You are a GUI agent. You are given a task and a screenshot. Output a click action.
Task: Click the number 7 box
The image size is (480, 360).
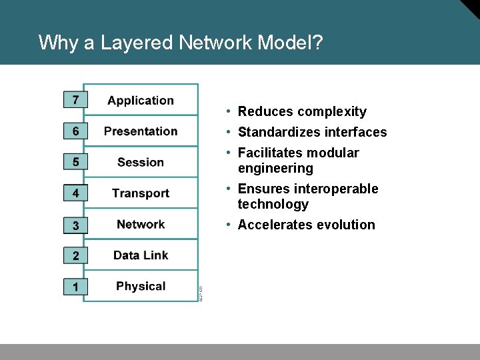(x=75, y=100)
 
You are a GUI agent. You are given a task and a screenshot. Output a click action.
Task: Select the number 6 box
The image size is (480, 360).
(x=75, y=131)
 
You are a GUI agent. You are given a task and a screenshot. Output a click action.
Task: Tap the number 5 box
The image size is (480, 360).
(x=75, y=162)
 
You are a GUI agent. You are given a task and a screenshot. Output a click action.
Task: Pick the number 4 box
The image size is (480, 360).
(x=75, y=193)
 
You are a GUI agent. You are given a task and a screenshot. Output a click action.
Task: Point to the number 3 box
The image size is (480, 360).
(x=75, y=225)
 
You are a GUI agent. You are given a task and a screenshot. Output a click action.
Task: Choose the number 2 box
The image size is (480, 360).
(x=75, y=255)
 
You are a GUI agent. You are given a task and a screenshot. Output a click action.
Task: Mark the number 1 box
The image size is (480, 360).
(x=75, y=287)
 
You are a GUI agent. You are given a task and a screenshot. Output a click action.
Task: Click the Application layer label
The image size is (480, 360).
(x=141, y=101)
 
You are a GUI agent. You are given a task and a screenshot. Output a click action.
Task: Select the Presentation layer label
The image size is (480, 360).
(x=141, y=131)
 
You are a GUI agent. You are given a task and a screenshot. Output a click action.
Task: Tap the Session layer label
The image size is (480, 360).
(x=141, y=162)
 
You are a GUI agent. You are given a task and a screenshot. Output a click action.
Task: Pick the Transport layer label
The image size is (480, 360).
(x=141, y=193)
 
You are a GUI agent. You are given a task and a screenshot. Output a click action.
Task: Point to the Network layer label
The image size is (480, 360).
(x=141, y=224)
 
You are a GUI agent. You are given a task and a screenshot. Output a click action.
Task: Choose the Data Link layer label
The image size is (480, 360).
(x=141, y=255)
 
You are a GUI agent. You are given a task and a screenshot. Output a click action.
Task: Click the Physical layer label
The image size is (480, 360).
(x=141, y=287)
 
